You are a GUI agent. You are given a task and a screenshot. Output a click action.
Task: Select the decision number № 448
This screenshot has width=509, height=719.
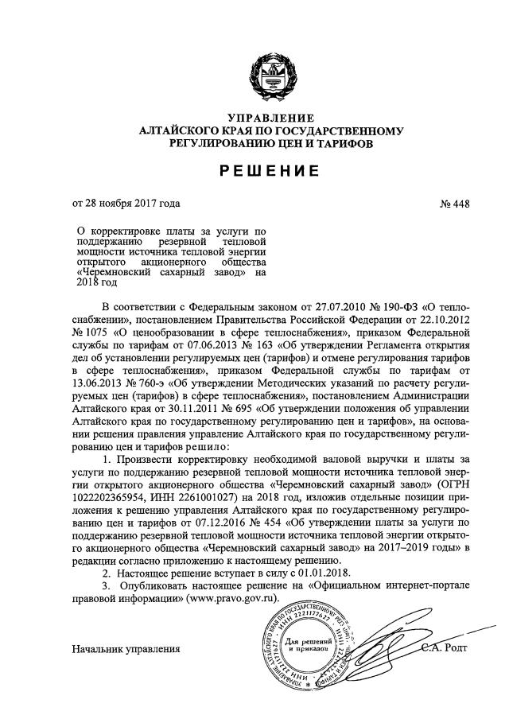pyautogui.click(x=454, y=204)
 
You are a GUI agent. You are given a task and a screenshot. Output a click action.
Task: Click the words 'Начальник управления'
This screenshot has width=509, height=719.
pyautogui.click(x=126, y=650)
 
